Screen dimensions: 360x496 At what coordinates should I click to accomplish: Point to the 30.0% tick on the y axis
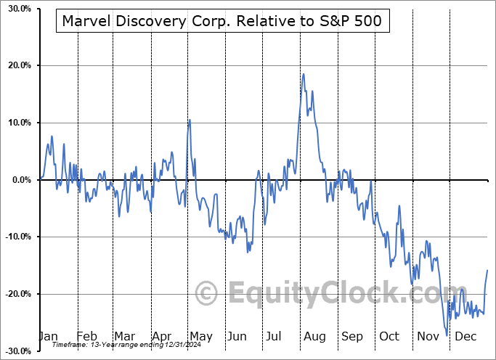pyautogui.click(x=19, y=9)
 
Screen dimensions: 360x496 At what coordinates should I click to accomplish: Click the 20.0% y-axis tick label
pyautogui.click(x=19, y=65)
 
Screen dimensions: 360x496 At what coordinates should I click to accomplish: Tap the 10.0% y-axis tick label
pyautogui.click(x=19, y=123)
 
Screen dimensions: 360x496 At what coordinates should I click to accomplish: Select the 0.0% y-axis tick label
pyautogui.click(x=20, y=180)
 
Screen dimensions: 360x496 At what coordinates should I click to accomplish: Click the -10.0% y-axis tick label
pyautogui.click(x=17, y=237)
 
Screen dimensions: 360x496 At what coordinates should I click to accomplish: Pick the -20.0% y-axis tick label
pyautogui.click(x=17, y=294)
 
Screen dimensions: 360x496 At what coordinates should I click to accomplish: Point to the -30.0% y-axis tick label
pyautogui.click(x=17, y=351)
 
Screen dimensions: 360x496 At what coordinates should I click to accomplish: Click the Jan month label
pyautogui.click(x=48, y=336)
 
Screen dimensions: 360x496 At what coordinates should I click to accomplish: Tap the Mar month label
pyautogui.click(x=124, y=336)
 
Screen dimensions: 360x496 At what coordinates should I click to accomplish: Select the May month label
pyautogui.click(x=200, y=336)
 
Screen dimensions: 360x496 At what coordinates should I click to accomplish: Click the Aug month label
pyautogui.click(x=315, y=336)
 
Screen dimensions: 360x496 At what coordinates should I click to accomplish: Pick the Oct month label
pyautogui.click(x=390, y=336)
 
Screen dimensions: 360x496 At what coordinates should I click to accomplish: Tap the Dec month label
pyautogui.click(x=466, y=336)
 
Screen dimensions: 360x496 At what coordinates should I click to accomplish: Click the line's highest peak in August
pyautogui.click(x=304, y=74)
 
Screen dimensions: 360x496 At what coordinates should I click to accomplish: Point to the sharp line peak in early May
pyautogui.click(x=190, y=120)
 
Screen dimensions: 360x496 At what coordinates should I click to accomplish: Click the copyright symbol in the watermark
pyautogui.click(x=206, y=293)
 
